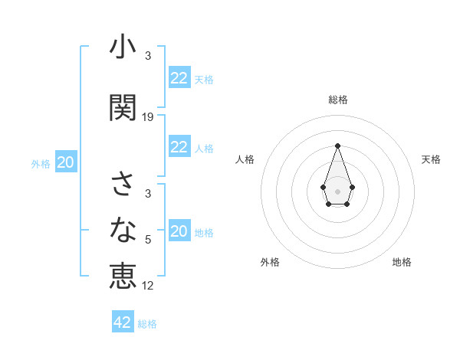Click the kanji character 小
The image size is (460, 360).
[x=123, y=48]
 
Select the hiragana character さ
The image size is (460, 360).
[x=123, y=185]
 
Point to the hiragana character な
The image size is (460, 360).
[x=123, y=228]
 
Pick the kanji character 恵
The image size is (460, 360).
[x=123, y=274]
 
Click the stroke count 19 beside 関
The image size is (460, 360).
[x=148, y=117]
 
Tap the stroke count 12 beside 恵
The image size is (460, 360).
[x=148, y=286]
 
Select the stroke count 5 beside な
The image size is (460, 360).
[x=148, y=240]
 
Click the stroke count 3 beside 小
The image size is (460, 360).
[x=148, y=56]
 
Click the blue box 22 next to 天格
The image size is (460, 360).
[x=179, y=78]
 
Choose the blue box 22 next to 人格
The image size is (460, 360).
[x=179, y=147]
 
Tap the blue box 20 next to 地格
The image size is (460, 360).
[x=179, y=231]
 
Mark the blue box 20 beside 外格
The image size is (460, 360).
[x=66, y=162]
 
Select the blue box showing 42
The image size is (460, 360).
[x=123, y=322]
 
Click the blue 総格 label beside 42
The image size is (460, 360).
[x=147, y=324]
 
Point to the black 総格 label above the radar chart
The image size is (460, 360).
[x=337, y=100]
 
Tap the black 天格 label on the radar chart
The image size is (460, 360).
[x=431, y=159]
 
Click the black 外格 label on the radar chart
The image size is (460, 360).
[x=270, y=262]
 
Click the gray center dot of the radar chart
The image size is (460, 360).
[x=337, y=190]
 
